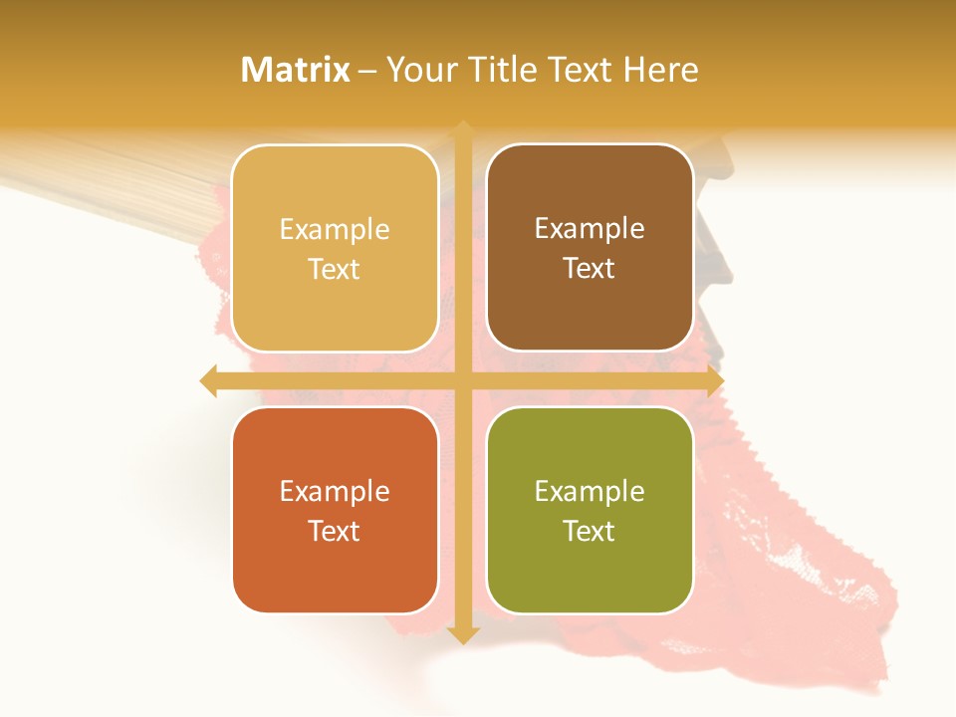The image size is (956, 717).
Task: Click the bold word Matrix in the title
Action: click(x=296, y=70)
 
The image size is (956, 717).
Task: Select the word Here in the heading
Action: click(x=661, y=70)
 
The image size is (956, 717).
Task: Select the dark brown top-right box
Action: click(x=590, y=309)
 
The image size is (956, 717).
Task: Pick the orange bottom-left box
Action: click(x=335, y=573)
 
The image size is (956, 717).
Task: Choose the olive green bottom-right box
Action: click(x=590, y=573)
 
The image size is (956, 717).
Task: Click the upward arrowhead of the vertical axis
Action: click(x=462, y=129)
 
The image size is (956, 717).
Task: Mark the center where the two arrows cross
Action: click(x=462, y=380)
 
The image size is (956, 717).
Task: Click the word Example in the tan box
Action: click(x=335, y=230)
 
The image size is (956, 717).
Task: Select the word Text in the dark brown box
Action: click(x=590, y=269)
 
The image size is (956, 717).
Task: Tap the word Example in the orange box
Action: click(x=335, y=492)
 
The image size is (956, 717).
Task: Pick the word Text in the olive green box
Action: click(x=590, y=531)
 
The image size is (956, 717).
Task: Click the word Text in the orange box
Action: click(x=335, y=531)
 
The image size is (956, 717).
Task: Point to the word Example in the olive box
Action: click(x=590, y=492)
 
